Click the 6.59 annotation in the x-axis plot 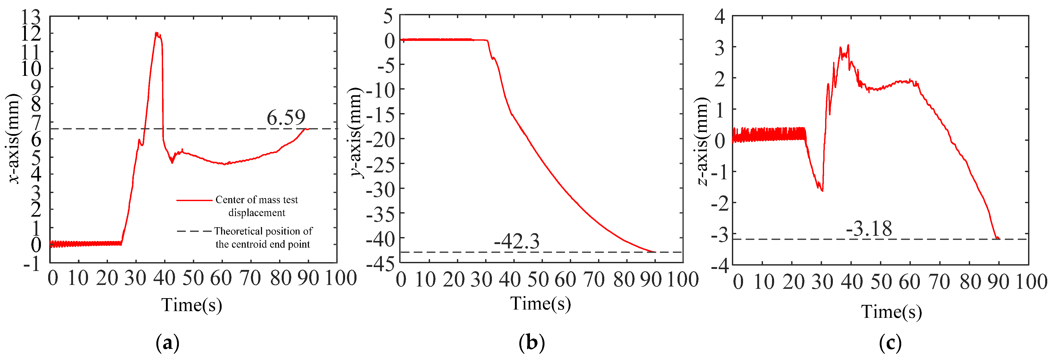tap(286, 118)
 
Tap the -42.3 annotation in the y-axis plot tap(516, 242)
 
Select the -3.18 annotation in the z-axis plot tap(869, 229)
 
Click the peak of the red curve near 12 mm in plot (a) tap(156, 33)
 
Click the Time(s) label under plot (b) tap(540, 304)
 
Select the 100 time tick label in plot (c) tap(1031, 282)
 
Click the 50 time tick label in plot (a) tap(192, 278)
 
